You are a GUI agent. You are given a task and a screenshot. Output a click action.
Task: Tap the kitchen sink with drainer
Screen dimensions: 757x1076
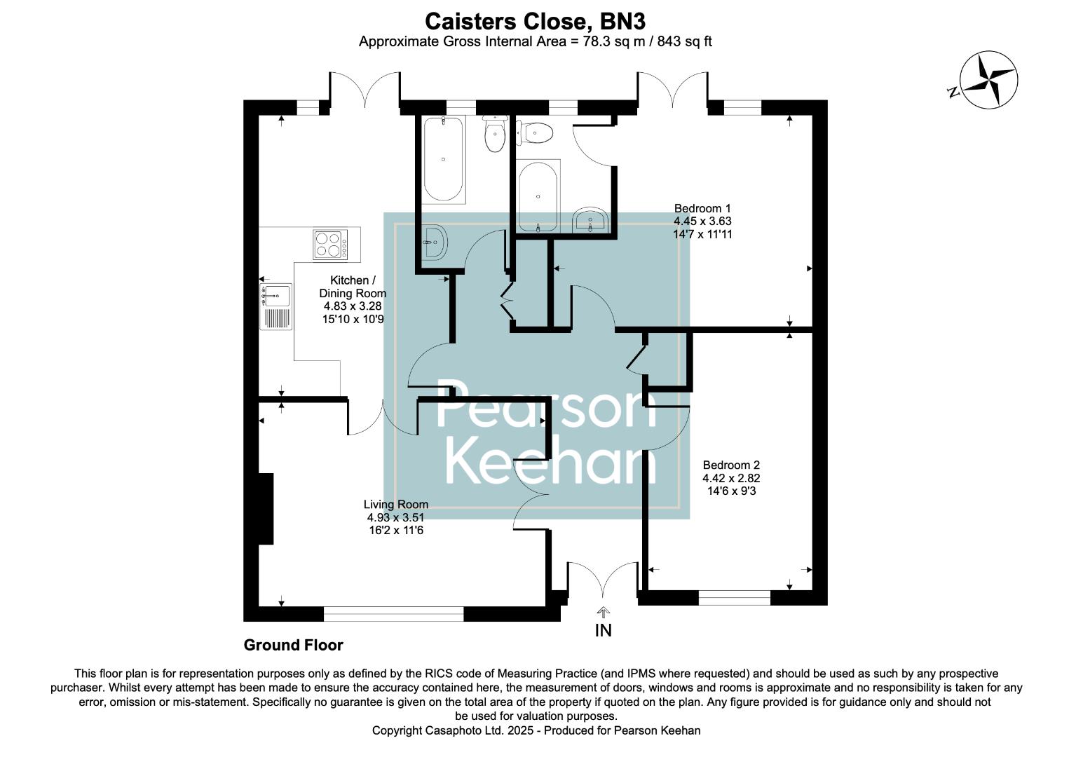pyautogui.click(x=275, y=306)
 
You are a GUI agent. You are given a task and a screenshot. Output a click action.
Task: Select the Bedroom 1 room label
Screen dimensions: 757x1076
pyautogui.click(x=702, y=221)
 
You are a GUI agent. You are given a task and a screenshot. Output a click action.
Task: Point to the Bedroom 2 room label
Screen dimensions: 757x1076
pyautogui.click(x=731, y=478)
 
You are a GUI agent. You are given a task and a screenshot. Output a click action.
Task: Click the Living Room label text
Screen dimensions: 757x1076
pyautogui.click(x=395, y=517)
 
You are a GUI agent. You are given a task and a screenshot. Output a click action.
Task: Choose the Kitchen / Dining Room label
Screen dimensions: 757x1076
pyautogui.click(x=353, y=299)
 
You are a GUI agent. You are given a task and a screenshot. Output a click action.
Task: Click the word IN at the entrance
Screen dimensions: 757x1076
pyautogui.click(x=603, y=631)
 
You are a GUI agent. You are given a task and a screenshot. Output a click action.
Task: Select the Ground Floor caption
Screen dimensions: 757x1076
pyautogui.click(x=293, y=645)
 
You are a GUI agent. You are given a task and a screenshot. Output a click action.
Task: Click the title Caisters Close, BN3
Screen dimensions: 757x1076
pyautogui.click(x=536, y=20)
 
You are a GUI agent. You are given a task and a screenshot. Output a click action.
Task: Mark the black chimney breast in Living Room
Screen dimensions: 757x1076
pyautogui.click(x=266, y=508)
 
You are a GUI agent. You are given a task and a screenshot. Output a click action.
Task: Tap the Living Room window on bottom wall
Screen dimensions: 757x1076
pyautogui.click(x=393, y=614)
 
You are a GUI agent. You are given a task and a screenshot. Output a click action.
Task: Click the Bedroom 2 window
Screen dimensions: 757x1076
pyautogui.click(x=734, y=598)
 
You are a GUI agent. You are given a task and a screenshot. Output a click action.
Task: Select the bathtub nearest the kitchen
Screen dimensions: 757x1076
pyautogui.click(x=443, y=160)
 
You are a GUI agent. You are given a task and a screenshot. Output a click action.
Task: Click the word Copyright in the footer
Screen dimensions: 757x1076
pyautogui.click(x=397, y=730)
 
